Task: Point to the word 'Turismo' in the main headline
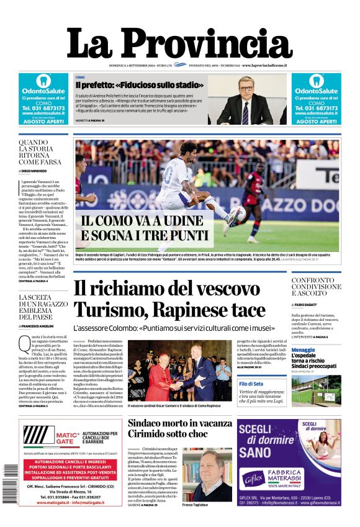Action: [x=110, y=310]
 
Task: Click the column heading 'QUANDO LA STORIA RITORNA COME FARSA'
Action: [x=41, y=153]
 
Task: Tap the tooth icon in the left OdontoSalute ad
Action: [x=43, y=81]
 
